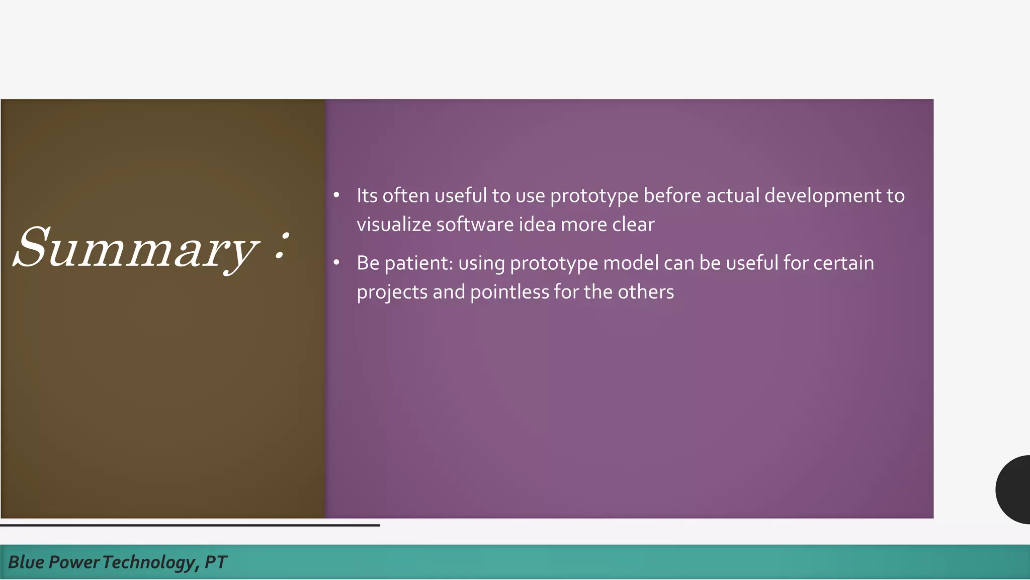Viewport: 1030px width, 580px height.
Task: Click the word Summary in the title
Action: pos(136,248)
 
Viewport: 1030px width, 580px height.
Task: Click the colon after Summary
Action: pos(283,246)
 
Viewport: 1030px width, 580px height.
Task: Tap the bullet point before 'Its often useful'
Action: pos(336,195)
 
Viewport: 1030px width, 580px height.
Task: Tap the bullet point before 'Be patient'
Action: pos(336,262)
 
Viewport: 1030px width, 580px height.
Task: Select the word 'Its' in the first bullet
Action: pos(367,195)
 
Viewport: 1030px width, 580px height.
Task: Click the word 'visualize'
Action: pos(393,225)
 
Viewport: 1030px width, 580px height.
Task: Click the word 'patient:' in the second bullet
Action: pos(419,263)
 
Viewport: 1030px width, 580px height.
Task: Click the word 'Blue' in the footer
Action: pos(26,562)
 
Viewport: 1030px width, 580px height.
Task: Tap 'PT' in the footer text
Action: pos(216,562)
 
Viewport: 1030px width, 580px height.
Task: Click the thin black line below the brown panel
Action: pos(190,525)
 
